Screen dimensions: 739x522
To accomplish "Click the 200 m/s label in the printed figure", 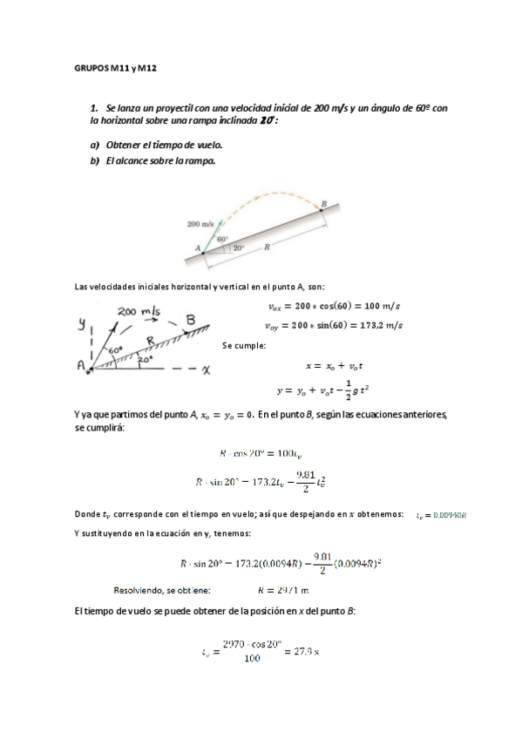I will pos(200,224).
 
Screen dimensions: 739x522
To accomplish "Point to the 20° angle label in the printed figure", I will pos(239,247).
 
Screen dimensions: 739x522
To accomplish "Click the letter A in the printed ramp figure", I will pos(198,248).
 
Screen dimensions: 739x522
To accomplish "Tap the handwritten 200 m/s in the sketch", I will pos(138,311).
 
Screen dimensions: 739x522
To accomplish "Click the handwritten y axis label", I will pos(83,324).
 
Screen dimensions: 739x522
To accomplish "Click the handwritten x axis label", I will pos(206,369).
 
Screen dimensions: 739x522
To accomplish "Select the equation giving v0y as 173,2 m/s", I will pos(333,325).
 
